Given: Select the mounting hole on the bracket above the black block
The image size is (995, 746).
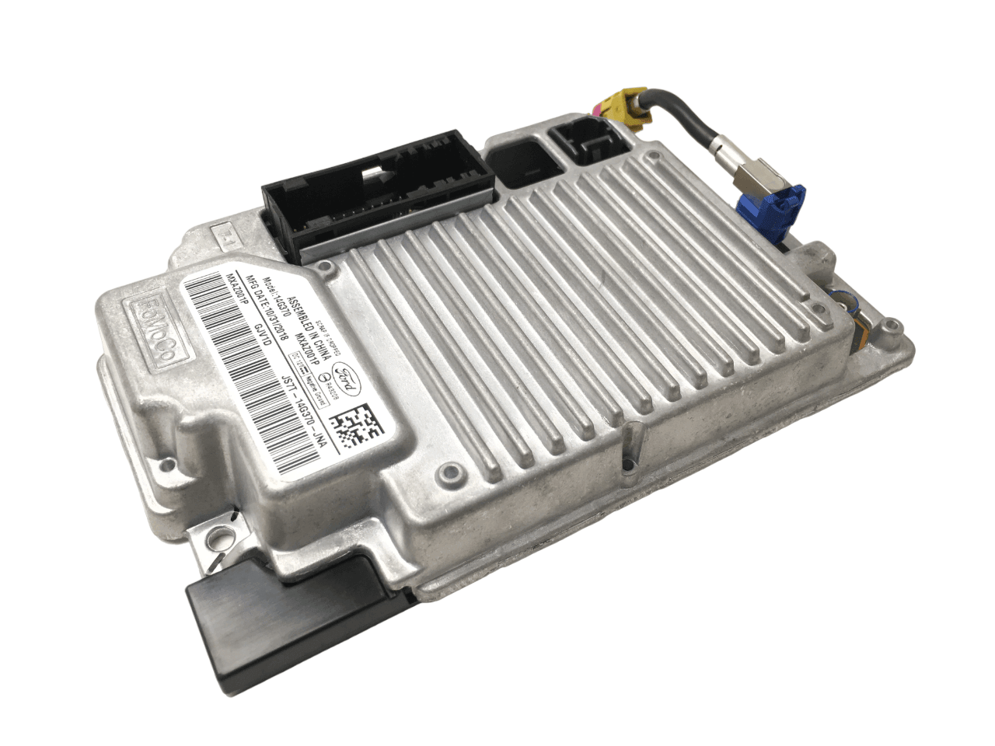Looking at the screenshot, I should coord(227,534).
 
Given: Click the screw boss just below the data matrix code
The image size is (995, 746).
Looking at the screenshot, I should coord(446,470).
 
